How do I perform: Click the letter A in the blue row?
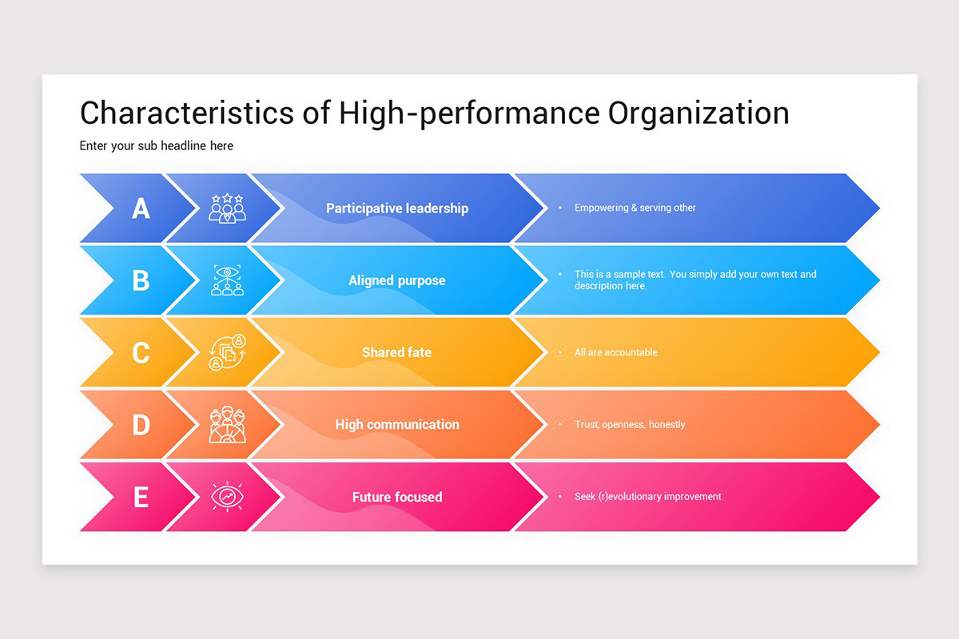141,208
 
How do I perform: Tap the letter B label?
141,280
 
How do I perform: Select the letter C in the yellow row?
141,352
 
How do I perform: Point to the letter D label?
141,424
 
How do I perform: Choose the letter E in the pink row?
141,497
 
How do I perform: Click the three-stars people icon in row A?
228,208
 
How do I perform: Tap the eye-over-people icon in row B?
228,280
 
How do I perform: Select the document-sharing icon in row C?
228,352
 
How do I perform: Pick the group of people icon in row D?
228,425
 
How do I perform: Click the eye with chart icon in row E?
228,497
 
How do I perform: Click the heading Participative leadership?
397,208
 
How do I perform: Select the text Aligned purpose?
397,280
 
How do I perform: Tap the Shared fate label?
396,352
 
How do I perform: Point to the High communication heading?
397,424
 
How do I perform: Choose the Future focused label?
397,497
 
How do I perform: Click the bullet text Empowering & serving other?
635,208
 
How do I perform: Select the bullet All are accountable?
615,352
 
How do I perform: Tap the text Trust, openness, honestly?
630,424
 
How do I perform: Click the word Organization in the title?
698,113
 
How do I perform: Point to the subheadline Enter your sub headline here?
157,146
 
